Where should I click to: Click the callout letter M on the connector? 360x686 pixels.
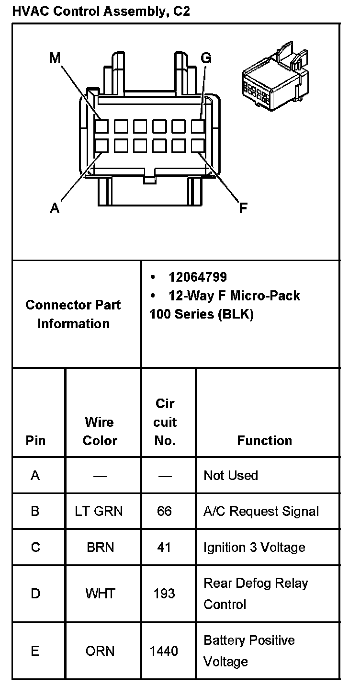pyautogui.click(x=56, y=58)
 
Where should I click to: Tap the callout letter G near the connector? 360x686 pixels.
pyautogui.click(x=206, y=58)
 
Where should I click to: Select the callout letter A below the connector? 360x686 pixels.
pyautogui.click(x=55, y=208)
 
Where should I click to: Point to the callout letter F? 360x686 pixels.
pyautogui.click(x=243, y=208)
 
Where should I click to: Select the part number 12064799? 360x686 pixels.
pyautogui.click(x=197, y=277)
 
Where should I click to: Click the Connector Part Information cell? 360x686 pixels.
pyautogui.click(x=73, y=314)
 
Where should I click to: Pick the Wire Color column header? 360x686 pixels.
pyautogui.click(x=100, y=431)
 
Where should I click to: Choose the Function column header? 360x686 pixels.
pyautogui.click(x=264, y=440)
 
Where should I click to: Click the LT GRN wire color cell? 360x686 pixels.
pyautogui.click(x=99, y=511)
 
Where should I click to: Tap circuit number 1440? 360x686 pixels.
pyautogui.click(x=164, y=651)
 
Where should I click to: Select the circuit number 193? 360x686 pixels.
pyautogui.click(x=164, y=594)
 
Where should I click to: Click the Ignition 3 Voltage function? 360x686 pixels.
pyautogui.click(x=254, y=547)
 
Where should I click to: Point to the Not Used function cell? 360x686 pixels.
pyautogui.click(x=231, y=475)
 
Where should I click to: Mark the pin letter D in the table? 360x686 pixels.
pyautogui.click(x=35, y=594)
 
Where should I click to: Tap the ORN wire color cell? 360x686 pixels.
pyautogui.click(x=100, y=651)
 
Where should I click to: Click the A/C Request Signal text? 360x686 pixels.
pyautogui.click(x=261, y=511)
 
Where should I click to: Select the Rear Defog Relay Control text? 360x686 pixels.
pyautogui.click(x=256, y=594)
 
